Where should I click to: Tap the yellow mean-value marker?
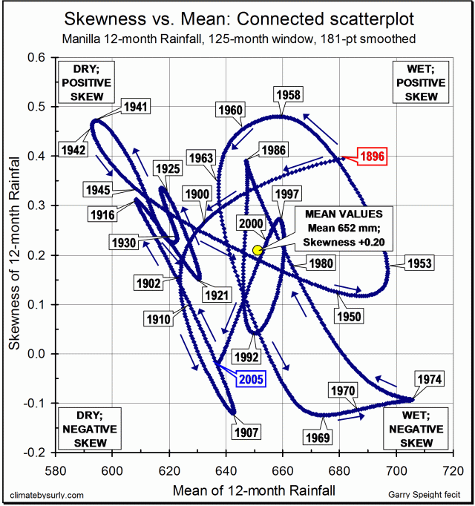(258, 251)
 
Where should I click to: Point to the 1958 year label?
(286, 94)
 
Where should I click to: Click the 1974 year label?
(428, 380)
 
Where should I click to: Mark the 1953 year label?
(419, 263)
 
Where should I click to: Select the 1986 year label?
(273, 151)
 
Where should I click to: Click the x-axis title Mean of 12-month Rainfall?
(254, 490)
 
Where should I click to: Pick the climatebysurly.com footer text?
(47, 495)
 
